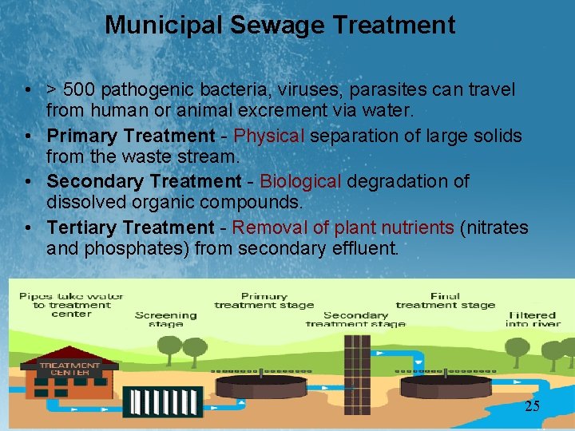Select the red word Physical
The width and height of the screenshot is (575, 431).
click(269, 136)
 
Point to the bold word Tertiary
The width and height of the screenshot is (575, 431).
click(82, 228)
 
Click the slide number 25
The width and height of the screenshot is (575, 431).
click(532, 407)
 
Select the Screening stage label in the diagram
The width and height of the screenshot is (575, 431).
click(166, 319)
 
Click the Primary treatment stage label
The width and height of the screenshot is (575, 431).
click(264, 300)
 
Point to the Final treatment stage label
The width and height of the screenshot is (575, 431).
click(445, 300)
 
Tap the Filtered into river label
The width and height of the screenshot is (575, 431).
click(533, 319)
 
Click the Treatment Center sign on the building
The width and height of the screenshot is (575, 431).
click(70, 370)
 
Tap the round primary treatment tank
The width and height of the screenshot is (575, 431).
click(263, 389)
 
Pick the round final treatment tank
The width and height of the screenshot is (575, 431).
click(445, 389)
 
